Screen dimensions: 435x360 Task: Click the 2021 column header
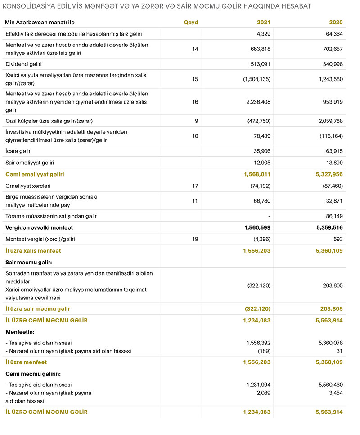pyautogui.click(x=263, y=23)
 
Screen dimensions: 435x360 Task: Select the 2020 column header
pyautogui.click(x=336, y=23)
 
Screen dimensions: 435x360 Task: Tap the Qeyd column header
pyautogui.click(x=191, y=23)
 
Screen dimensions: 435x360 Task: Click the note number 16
pyautogui.click(x=195, y=102)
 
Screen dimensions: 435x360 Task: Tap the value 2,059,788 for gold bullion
pyautogui.click(x=328, y=121)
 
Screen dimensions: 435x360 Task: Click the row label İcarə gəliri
pyautogui.click(x=18, y=151)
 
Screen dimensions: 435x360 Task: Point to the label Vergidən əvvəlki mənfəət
pyautogui.click(x=39, y=228)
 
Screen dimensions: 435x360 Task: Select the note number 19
pyautogui.click(x=195, y=239)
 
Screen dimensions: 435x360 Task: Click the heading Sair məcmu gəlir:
pyautogui.click(x=28, y=262)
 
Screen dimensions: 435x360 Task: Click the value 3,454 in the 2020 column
pyautogui.click(x=335, y=393)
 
